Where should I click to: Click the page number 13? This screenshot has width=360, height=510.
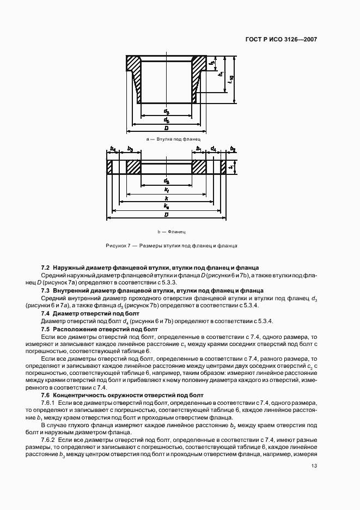[x=314, y=466]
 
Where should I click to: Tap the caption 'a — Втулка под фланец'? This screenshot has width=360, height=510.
[x=166, y=139]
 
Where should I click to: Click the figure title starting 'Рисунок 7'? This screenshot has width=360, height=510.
[x=171, y=246]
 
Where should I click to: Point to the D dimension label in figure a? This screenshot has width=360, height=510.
[x=166, y=127]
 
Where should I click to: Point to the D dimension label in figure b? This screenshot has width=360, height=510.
[x=166, y=214]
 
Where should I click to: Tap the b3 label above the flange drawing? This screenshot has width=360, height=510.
[x=130, y=149]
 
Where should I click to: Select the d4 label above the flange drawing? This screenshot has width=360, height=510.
[x=213, y=149]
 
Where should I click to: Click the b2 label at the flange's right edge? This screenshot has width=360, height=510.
[x=233, y=149]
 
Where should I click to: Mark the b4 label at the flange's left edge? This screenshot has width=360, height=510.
[x=113, y=149]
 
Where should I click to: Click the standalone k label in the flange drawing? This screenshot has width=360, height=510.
[x=166, y=199]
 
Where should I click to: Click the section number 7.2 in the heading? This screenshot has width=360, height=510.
[x=46, y=268]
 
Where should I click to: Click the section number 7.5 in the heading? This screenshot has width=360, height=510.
[x=46, y=330]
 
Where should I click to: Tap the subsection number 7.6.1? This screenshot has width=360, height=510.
[x=49, y=401]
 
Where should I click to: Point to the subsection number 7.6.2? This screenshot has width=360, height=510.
[x=49, y=439]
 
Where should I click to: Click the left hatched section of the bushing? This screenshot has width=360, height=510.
[x=134, y=71]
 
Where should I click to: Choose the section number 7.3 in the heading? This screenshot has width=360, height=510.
[x=46, y=291]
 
